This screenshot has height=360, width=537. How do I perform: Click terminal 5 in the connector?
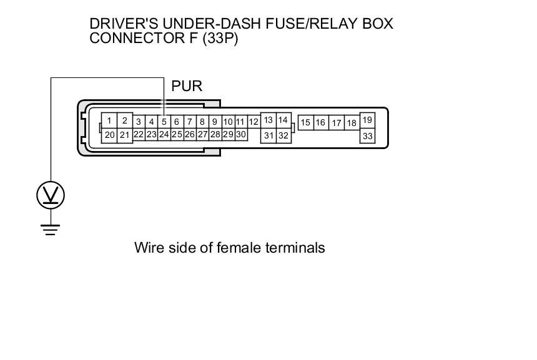(x=164, y=122)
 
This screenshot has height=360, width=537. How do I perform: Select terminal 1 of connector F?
(x=109, y=120)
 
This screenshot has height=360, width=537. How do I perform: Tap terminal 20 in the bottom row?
(x=109, y=135)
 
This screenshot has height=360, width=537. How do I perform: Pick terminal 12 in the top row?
(x=254, y=122)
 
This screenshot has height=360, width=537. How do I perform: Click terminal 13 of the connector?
(x=268, y=120)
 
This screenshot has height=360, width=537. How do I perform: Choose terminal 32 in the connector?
(x=283, y=135)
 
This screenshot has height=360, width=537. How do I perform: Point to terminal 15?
(x=305, y=123)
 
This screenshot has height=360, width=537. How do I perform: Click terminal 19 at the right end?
(x=367, y=120)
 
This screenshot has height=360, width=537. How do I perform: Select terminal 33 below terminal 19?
(x=367, y=135)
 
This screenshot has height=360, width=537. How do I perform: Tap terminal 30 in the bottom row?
(x=241, y=134)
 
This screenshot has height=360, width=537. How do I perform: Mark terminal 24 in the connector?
(x=164, y=134)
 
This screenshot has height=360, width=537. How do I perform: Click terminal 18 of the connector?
(x=352, y=123)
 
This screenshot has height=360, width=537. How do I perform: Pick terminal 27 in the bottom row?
(x=202, y=134)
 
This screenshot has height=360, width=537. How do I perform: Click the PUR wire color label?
(x=187, y=86)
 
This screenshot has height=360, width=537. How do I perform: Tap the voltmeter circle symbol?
(x=51, y=195)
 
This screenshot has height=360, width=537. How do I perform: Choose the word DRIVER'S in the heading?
(x=120, y=24)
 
